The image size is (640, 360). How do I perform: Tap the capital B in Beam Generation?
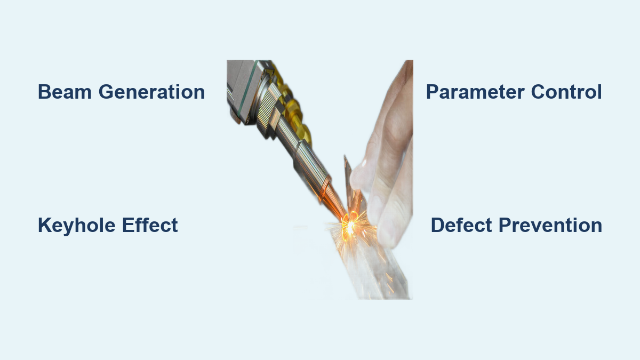[x=44, y=92]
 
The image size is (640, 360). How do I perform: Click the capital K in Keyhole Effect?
[x=44, y=225]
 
